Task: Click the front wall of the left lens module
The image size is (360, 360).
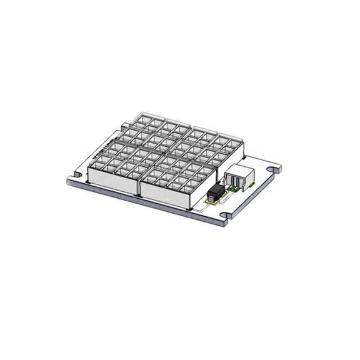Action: (x=112, y=181)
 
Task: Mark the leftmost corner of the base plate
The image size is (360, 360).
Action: (x=67, y=181)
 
